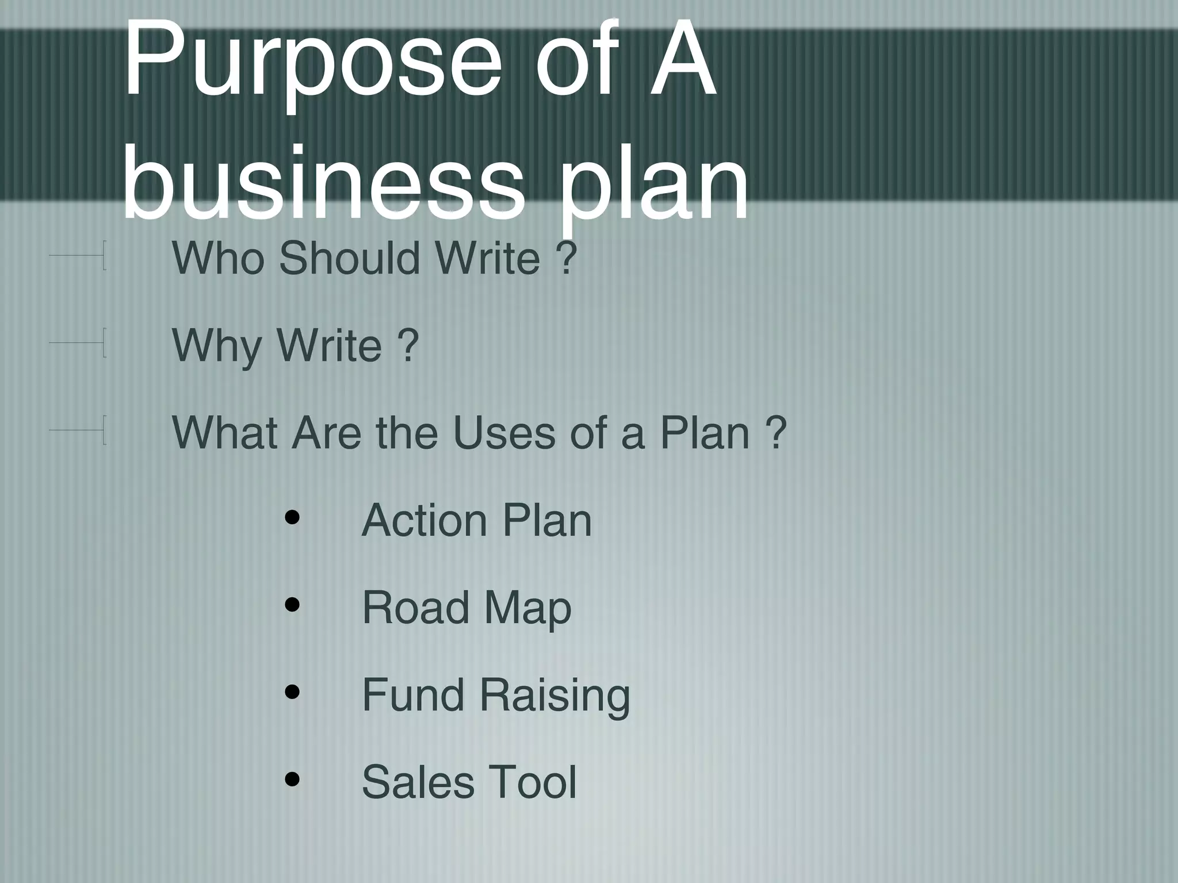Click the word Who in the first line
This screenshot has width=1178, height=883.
coord(217,258)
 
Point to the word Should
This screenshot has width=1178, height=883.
coord(350,258)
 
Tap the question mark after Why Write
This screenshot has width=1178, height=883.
coord(407,346)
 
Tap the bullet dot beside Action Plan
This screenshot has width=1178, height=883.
coord(293,517)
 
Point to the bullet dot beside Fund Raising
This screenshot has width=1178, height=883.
coord(293,692)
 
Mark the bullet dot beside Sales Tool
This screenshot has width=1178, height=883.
coord(293,780)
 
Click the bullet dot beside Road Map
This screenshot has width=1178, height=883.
coord(293,605)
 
